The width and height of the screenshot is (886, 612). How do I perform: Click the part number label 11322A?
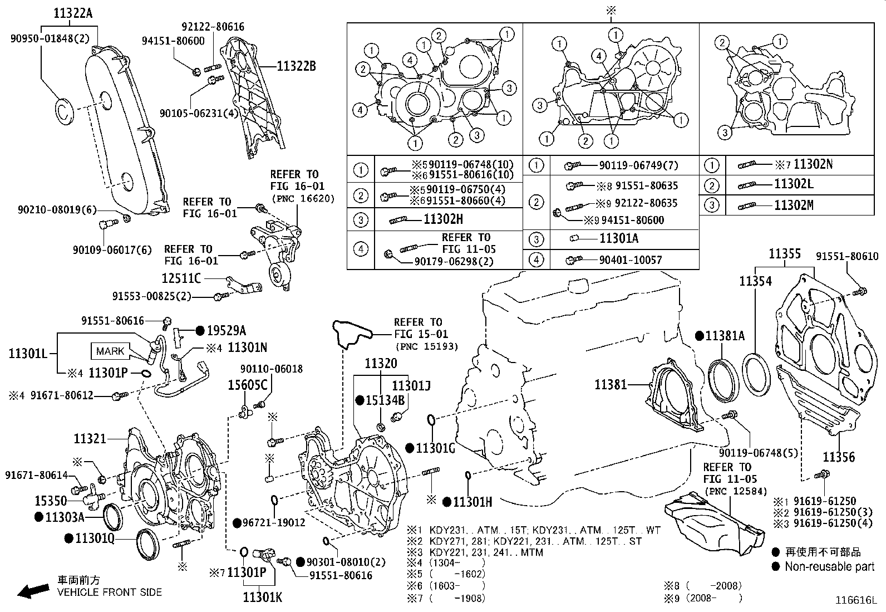[x=73, y=13]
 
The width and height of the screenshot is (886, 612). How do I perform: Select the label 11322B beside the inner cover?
[x=296, y=66]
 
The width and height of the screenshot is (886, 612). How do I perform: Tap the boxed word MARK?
[x=110, y=351]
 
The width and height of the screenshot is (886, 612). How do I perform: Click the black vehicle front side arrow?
[x=33, y=591]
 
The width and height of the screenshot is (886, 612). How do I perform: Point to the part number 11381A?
[x=724, y=336]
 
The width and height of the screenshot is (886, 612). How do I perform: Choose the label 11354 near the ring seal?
[x=755, y=281]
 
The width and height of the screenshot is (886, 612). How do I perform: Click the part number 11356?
[x=838, y=457]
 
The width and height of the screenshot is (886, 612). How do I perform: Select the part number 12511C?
[x=181, y=278]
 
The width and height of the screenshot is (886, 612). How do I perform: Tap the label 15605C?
[x=248, y=385]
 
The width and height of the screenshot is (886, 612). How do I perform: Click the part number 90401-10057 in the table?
[x=631, y=260]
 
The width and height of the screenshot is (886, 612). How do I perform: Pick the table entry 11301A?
[x=619, y=238]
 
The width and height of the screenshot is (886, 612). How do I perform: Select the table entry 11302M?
[x=794, y=205]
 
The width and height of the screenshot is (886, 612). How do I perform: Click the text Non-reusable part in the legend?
[x=829, y=567]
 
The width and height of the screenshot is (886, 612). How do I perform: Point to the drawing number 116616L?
[x=855, y=600]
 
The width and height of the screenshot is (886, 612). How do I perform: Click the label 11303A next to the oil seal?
[x=64, y=517]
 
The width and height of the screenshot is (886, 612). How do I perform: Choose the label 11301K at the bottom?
[x=262, y=598]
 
